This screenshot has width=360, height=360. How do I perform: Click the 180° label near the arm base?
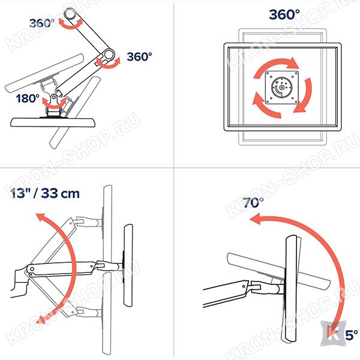[x=28, y=99]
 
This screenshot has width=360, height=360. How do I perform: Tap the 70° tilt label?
[x=253, y=203]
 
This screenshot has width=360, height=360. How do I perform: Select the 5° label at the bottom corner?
[x=352, y=335]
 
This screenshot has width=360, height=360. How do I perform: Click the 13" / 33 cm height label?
[x=45, y=193]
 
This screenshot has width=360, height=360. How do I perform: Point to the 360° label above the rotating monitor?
[x=284, y=14]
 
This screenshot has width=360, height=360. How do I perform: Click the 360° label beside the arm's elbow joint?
[x=139, y=57]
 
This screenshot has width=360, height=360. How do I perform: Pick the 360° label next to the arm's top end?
[x=42, y=23]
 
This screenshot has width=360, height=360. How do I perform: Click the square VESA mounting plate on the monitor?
[x=282, y=87]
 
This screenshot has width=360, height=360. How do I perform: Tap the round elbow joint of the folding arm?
[x=108, y=55]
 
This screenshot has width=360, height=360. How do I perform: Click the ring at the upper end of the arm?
[x=70, y=14]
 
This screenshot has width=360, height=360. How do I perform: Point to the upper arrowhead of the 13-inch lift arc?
[x=41, y=217]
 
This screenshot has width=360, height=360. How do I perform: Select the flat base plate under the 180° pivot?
[x=53, y=122]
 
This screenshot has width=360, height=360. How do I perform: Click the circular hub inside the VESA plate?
[x=282, y=88]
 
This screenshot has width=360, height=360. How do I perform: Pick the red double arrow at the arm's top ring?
[x=70, y=25]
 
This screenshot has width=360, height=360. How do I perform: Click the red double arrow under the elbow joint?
[x=108, y=63]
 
